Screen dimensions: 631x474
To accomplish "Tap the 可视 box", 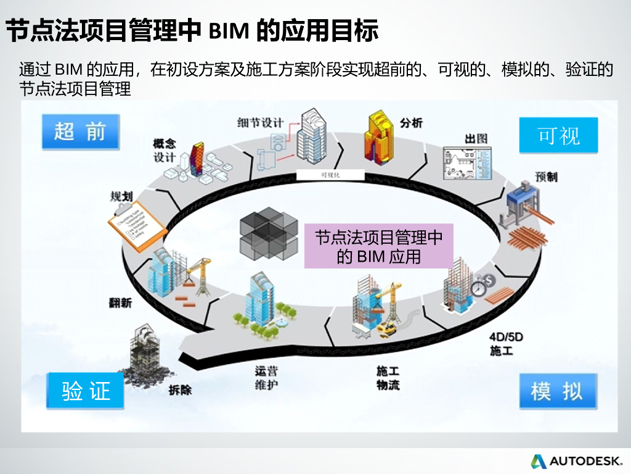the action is tap(558, 135).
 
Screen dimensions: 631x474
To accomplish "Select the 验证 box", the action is tap(86, 391).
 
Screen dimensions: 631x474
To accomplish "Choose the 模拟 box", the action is tap(557, 391).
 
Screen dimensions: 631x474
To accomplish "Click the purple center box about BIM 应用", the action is tap(378, 246).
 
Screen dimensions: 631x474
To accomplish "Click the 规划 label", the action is tap(121, 196).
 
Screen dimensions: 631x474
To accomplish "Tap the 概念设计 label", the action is tap(165, 150).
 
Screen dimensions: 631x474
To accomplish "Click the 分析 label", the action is tap(411, 122).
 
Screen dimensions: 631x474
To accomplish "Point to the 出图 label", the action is tap(476, 138).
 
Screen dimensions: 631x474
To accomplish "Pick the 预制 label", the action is tap(546, 177).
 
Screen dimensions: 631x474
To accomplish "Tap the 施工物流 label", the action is tap(388, 378).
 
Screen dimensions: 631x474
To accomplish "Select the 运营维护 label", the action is tap(267, 378).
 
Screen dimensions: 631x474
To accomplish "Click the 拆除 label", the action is tap(180, 389).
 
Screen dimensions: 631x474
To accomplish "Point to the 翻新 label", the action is tap(120, 302).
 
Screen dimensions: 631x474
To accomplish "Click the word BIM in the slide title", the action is tap(229, 30).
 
